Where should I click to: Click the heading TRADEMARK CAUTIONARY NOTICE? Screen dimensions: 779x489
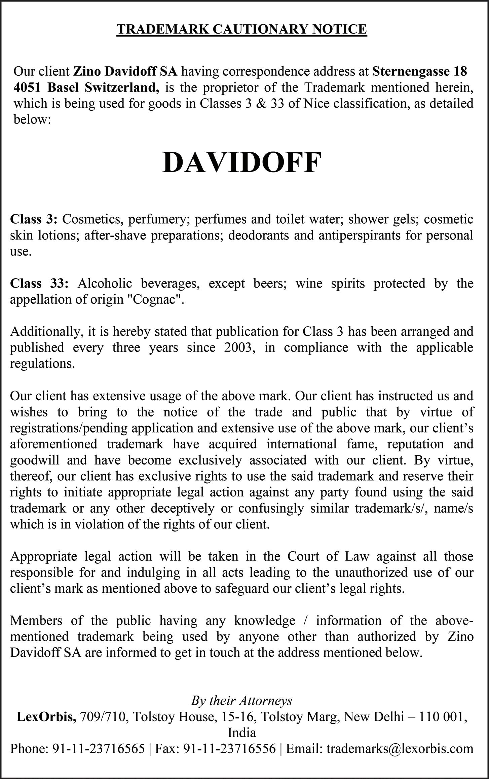click(x=241, y=30)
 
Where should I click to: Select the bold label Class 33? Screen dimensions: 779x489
click(x=39, y=283)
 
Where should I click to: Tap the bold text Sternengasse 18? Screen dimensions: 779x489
click(x=420, y=71)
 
